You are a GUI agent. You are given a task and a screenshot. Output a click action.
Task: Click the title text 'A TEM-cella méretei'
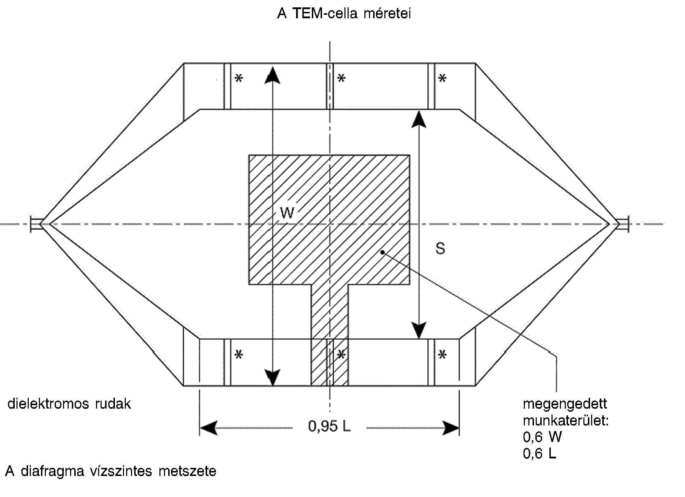point(344,14)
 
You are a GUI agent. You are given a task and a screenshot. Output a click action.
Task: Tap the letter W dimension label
point(287,213)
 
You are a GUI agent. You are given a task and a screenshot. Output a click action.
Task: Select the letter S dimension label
point(440,248)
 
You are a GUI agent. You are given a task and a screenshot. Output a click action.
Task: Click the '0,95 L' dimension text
point(329,426)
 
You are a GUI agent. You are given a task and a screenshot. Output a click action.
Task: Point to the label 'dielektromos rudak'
point(69,404)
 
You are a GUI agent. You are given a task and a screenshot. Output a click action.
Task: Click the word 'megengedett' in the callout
point(565,404)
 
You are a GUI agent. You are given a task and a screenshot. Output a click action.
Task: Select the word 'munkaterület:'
point(566,420)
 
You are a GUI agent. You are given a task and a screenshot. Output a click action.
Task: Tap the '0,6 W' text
point(542,437)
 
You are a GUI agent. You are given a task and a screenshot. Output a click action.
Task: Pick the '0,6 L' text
point(540,454)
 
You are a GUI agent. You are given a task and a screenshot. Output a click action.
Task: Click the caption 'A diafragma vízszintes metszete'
point(111,471)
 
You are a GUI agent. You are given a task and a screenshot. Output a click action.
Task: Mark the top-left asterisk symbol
point(239,78)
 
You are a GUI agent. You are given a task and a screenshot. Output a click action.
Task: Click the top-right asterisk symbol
point(443,78)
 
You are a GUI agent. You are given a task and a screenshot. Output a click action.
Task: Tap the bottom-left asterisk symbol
point(239,355)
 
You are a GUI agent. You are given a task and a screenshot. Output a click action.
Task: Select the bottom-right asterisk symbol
point(443,355)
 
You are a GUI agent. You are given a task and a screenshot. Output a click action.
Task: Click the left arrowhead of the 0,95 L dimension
point(208,428)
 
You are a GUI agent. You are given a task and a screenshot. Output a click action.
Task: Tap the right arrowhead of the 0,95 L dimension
point(451,428)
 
